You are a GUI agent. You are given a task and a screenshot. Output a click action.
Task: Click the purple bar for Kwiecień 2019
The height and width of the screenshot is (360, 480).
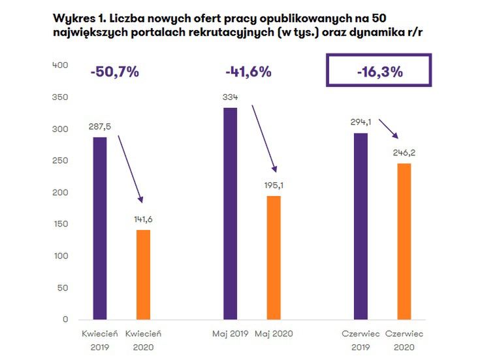click(x=99, y=228)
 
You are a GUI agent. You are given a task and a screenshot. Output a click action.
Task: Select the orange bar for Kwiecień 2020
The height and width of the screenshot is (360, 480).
click(x=144, y=274)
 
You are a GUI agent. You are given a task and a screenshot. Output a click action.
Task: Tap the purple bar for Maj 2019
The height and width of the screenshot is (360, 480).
click(x=231, y=213)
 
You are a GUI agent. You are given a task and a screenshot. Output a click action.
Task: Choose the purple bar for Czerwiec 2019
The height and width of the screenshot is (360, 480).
click(x=361, y=226)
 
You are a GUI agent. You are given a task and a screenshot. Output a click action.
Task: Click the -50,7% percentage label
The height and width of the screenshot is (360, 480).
click(x=115, y=73)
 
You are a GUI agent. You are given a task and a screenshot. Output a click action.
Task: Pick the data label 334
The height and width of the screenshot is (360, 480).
click(x=231, y=97)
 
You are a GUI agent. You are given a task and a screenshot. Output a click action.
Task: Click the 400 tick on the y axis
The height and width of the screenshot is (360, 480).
click(x=59, y=65)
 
